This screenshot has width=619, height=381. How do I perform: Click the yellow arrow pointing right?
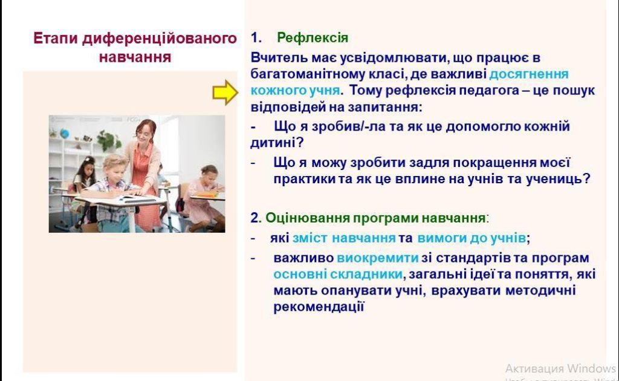[225, 93]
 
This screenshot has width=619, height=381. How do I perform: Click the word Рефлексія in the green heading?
[313, 37]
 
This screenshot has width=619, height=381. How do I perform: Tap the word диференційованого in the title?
[160, 38]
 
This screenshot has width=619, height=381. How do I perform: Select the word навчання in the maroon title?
[135, 57]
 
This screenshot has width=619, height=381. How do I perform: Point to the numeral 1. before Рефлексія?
[256, 37]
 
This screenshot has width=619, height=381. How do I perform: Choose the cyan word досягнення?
[529, 74]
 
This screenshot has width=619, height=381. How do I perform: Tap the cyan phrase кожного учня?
[295, 91]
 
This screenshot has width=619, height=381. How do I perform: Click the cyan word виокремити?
[377, 258]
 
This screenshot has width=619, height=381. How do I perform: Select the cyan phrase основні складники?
[338, 274]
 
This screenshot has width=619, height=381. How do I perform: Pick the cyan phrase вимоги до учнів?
[472, 238]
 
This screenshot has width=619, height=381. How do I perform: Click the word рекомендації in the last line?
[319, 307]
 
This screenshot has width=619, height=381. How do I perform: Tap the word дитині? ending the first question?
[277, 143]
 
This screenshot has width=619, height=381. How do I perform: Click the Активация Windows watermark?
[560, 368]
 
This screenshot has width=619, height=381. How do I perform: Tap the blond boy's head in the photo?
[114, 166]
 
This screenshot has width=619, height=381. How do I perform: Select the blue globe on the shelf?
[64, 134]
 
